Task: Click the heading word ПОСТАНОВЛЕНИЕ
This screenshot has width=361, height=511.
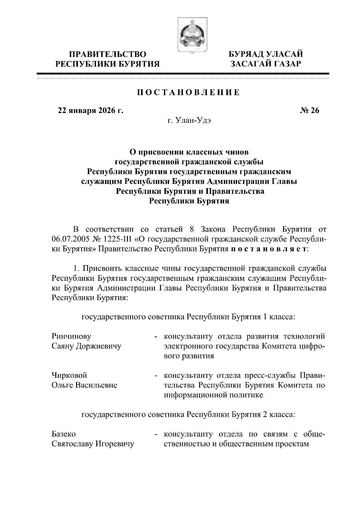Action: click(x=189, y=92)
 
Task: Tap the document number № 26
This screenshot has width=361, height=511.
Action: click(x=309, y=111)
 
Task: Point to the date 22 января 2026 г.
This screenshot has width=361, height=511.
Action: click(x=91, y=111)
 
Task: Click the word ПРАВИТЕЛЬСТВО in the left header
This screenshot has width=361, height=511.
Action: click(x=108, y=54)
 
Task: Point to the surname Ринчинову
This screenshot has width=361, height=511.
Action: click(x=72, y=336)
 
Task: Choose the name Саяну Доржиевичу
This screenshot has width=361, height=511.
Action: click(x=87, y=346)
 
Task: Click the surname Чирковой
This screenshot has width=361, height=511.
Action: click(x=69, y=375)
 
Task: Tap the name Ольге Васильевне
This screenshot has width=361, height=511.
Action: click(x=85, y=385)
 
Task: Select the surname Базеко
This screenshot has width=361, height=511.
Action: click(x=64, y=434)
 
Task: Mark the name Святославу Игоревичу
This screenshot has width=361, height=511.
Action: click(x=93, y=444)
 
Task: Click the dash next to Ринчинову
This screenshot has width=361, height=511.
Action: click(x=156, y=337)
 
